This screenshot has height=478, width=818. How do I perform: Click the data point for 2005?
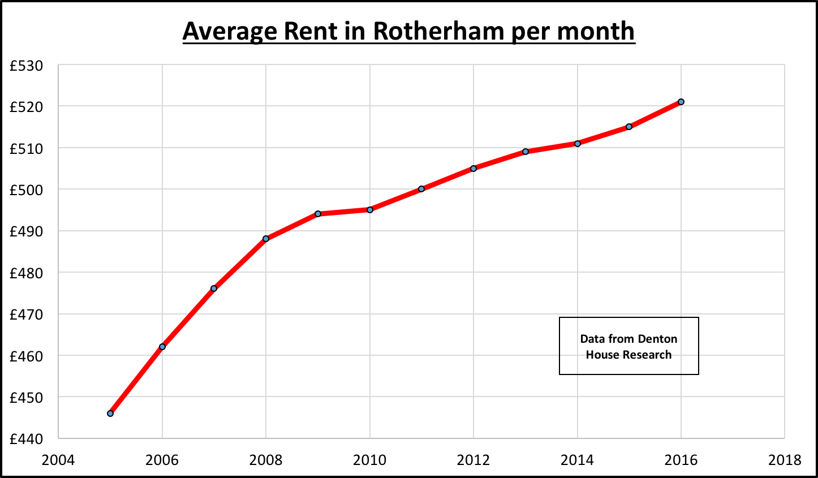tap(110, 414)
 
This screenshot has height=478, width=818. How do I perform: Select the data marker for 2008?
tap(266, 239)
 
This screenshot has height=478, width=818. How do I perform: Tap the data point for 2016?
tap(681, 102)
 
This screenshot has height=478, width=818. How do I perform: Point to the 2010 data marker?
tap(370, 210)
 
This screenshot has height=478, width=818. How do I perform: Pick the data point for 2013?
tap(526, 152)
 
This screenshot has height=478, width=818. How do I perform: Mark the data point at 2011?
tap(421, 189)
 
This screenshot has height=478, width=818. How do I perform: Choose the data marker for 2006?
tap(162, 347)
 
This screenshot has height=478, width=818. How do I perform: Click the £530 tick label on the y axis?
tap(26, 66)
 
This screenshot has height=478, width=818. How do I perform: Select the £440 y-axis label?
tap(26, 440)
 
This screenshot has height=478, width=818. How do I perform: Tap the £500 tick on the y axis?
tap(26, 190)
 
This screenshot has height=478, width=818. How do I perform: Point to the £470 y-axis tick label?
tap(26, 315)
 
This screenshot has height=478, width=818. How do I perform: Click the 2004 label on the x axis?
tap(58, 460)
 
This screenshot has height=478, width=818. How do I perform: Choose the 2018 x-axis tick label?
tap(785, 460)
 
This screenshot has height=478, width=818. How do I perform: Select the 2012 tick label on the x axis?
tap(473, 460)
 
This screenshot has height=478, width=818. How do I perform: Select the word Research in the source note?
tap(644, 355)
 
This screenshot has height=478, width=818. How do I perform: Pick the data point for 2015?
tap(629, 127)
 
